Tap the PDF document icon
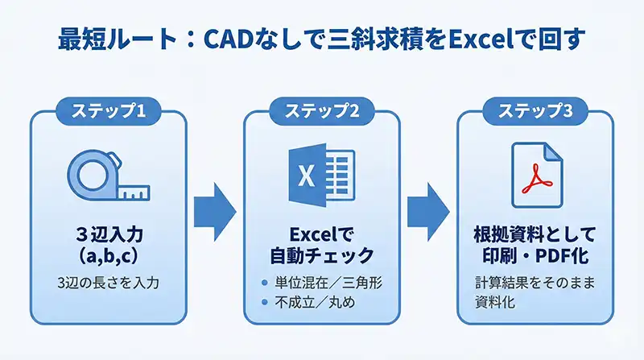536,175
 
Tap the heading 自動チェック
321,257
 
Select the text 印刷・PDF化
535,257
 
